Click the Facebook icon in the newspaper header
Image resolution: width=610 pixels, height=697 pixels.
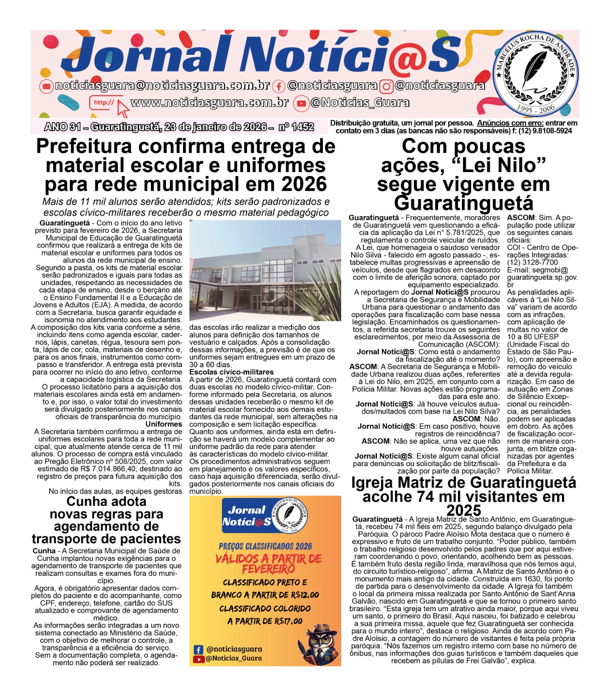pos(279,86)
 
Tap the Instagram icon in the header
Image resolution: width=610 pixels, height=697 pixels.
pos(386,86)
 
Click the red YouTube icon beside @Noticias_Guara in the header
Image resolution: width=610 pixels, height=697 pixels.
pos(301,104)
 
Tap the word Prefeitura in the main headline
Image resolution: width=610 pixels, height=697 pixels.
pos(83,147)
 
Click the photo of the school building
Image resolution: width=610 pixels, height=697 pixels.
pos(265,270)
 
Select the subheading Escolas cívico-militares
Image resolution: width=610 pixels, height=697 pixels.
pos(231,372)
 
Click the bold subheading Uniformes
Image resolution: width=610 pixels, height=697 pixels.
pos(164,424)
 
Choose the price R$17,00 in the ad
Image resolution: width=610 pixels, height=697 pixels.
pos(287,621)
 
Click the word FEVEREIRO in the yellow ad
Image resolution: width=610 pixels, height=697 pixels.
pos(268,569)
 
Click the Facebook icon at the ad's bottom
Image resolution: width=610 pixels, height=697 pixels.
pos(198,650)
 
